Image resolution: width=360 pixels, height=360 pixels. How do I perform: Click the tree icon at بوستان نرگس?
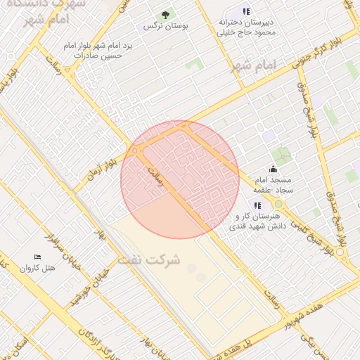[166, 15]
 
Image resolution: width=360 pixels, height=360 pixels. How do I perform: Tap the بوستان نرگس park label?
[159, 26]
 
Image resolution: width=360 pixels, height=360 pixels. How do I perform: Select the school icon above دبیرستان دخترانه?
[245, 11]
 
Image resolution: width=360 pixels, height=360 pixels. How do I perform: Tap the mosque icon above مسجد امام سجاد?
[273, 169]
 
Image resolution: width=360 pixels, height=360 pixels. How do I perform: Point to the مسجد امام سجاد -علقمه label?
[274, 185]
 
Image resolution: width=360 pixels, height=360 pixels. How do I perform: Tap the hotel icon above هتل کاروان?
[37, 257]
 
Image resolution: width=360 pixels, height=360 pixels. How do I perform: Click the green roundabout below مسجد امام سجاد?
[278, 204]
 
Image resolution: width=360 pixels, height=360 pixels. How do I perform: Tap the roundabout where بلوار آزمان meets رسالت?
[135, 150]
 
